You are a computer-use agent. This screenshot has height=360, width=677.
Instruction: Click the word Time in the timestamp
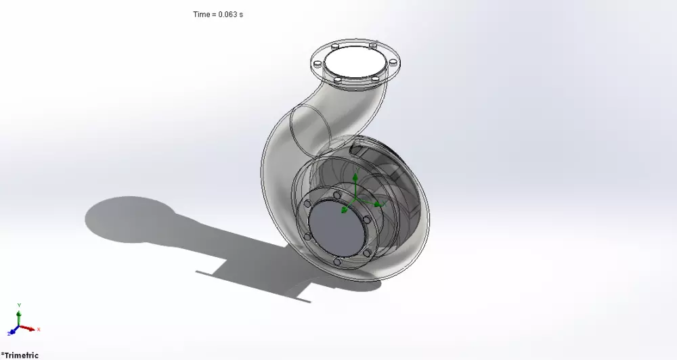click(x=201, y=14)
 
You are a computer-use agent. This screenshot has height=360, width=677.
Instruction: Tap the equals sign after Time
click(x=213, y=14)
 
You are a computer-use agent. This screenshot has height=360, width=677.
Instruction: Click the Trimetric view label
click(x=21, y=355)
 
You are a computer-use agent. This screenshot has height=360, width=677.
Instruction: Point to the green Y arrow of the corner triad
click(x=19, y=316)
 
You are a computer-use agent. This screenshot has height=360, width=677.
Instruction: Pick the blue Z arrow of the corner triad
click(x=12, y=332)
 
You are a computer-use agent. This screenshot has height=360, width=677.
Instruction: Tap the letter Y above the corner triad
click(x=19, y=305)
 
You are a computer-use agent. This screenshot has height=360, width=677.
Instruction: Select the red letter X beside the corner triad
click(x=39, y=329)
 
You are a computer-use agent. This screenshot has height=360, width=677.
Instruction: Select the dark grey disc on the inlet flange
click(x=337, y=229)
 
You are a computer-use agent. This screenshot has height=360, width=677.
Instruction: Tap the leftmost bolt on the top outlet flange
click(x=316, y=63)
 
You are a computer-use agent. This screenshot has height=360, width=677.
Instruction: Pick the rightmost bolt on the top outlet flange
click(x=392, y=63)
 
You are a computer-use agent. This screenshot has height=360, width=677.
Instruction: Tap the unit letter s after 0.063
click(x=240, y=14)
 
